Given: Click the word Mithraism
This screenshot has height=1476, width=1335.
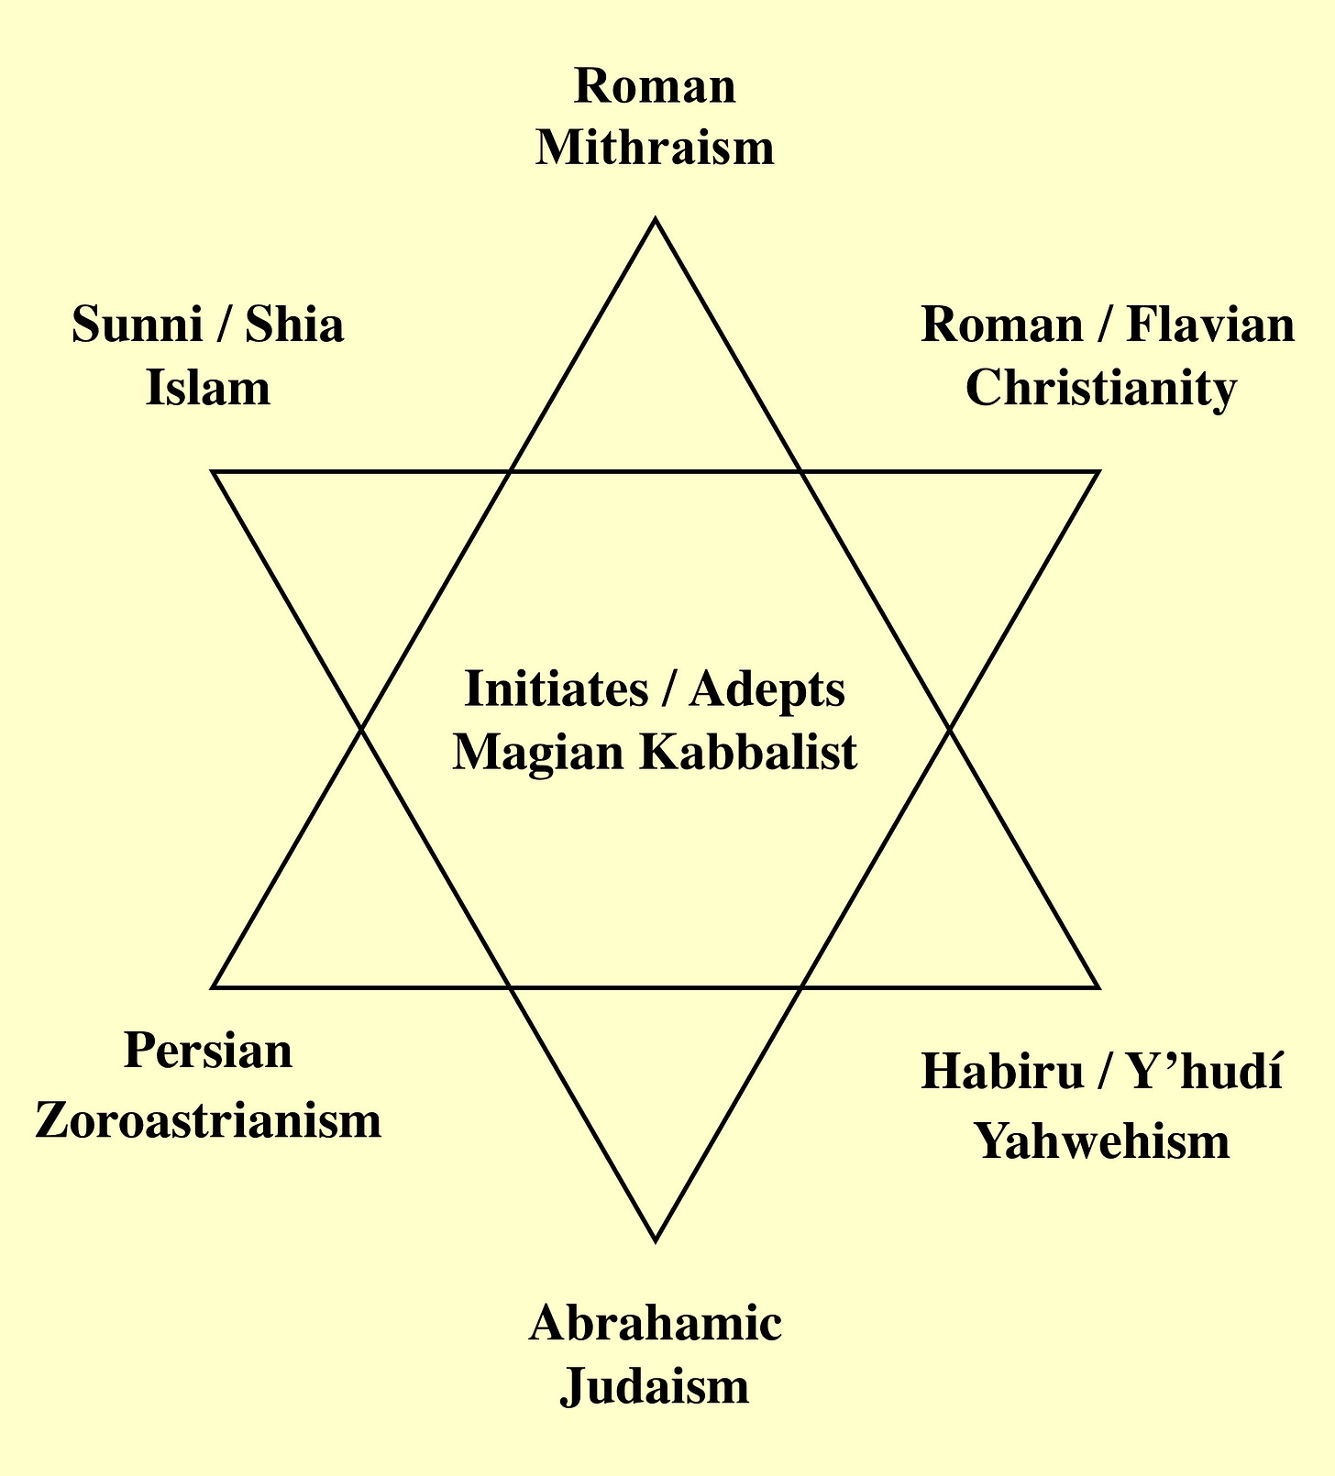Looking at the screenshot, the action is pos(655,148).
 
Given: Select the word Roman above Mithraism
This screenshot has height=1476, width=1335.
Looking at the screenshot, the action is pos(655,87).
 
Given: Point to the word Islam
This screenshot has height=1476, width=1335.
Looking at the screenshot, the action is pos(208,388).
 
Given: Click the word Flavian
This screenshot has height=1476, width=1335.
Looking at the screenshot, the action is pos(1210,325).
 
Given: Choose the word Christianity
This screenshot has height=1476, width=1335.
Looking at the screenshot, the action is pos(1101,388).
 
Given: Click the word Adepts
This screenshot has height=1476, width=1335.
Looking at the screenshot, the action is pos(767,689).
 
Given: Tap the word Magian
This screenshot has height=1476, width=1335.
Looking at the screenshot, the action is pos(539,753).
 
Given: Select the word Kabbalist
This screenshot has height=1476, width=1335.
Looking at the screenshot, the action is pos(748,753).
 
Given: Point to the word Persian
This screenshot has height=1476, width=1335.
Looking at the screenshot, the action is pos(208,1051).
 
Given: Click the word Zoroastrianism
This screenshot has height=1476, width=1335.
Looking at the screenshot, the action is pos(208,1120).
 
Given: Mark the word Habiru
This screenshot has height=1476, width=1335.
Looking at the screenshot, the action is pos(1002,1073).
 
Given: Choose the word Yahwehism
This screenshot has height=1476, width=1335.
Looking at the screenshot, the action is pos(1101,1142).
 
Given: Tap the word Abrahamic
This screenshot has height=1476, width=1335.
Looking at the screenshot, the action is pos(655,1325).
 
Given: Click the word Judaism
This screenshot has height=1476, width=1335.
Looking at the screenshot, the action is pos(655,1387).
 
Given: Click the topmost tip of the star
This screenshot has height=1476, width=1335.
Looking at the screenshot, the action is pos(655,220).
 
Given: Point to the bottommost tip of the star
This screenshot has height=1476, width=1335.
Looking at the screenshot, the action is pos(655,1240).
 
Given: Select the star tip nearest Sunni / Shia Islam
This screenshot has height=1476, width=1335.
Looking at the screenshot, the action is pos(214,472).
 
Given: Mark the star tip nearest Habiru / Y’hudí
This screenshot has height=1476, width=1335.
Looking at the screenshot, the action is pos(1097,987).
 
